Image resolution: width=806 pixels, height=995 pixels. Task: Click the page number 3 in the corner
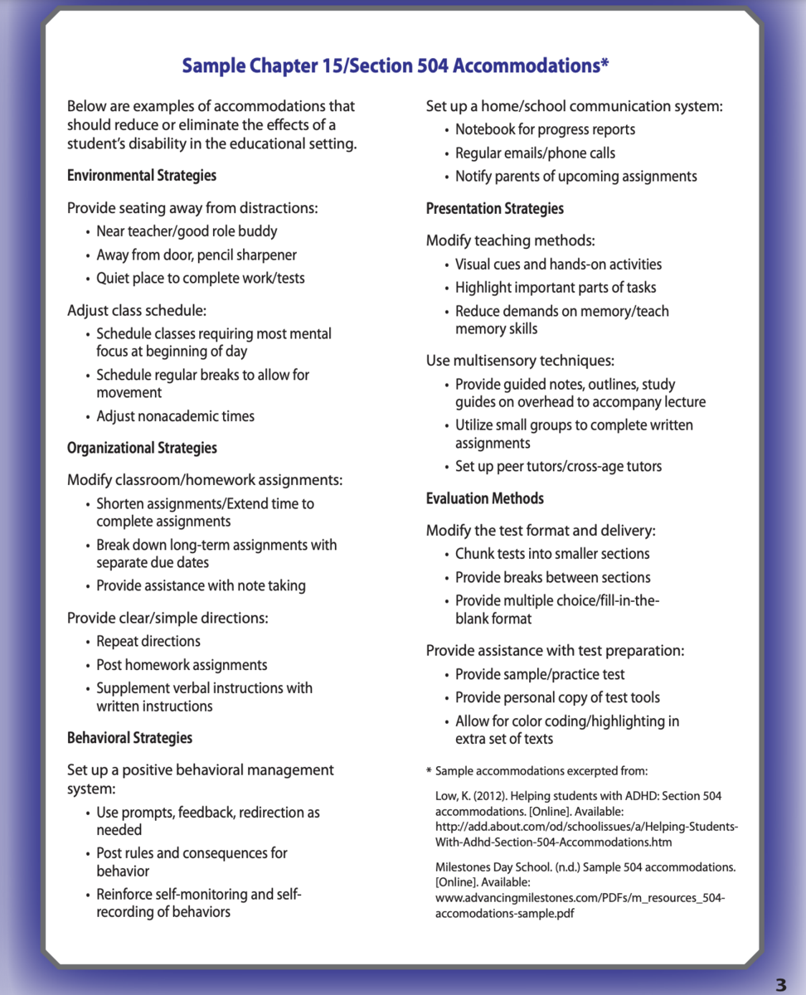tap(780, 984)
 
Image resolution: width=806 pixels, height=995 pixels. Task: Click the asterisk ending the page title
tap(605, 63)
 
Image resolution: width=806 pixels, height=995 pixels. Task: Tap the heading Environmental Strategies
tap(142, 176)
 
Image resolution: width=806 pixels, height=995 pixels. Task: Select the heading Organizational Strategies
tap(142, 448)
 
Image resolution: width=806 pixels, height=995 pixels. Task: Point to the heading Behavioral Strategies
tap(129, 738)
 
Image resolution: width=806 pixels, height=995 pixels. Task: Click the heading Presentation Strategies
tap(494, 209)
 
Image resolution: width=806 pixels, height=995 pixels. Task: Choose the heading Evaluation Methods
tap(485, 498)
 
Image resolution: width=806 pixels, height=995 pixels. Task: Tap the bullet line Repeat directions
tap(148, 641)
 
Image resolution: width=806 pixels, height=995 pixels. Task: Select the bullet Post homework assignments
tap(182, 665)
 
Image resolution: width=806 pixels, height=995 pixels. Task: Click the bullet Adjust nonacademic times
tap(175, 416)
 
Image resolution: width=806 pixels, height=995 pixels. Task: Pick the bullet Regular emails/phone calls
tap(535, 153)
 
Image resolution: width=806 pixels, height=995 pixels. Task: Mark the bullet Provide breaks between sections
tap(552, 577)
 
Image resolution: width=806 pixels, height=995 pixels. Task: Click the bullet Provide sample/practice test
tap(540, 675)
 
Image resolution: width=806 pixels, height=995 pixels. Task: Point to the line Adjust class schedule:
tap(137, 311)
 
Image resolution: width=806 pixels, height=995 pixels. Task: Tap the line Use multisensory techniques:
tap(520, 361)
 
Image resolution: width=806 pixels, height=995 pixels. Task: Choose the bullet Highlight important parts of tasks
tap(556, 288)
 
